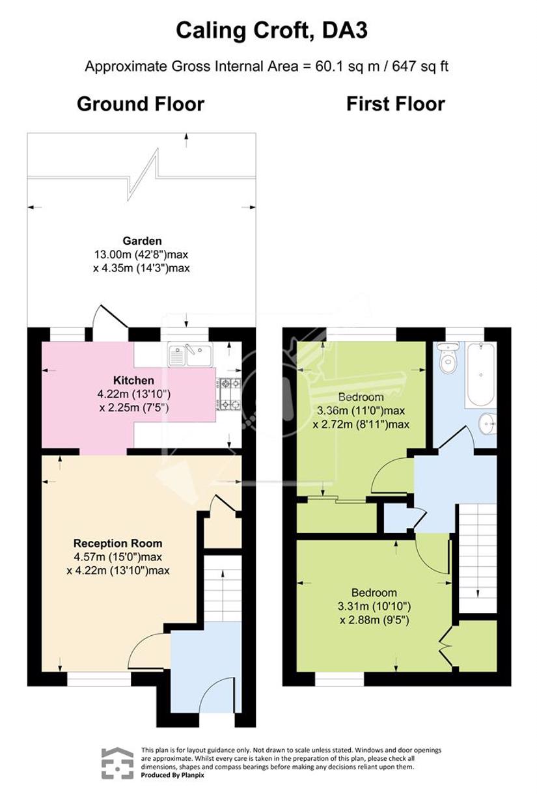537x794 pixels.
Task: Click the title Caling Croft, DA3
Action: click(x=271, y=31)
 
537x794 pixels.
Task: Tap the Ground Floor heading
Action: click(x=141, y=104)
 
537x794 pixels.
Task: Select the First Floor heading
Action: click(x=396, y=104)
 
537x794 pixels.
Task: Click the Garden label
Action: click(x=142, y=241)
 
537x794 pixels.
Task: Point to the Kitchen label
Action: click(x=133, y=380)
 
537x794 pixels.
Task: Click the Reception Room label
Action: click(x=118, y=543)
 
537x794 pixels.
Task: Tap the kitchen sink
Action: click(x=190, y=354)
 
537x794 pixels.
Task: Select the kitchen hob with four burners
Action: click(x=229, y=394)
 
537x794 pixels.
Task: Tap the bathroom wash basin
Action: click(x=488, y=423)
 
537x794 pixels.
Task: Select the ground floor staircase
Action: click(x=223, y=588)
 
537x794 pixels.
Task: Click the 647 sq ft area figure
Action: click(x=420, y=66)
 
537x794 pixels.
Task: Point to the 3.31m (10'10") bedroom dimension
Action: click(x=374, y=607)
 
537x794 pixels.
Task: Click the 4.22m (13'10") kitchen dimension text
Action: click(x=134, y=394)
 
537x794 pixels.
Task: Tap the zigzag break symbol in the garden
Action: click(x=142, y=174)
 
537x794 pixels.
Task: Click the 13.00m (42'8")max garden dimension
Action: click(x=141, y=254)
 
